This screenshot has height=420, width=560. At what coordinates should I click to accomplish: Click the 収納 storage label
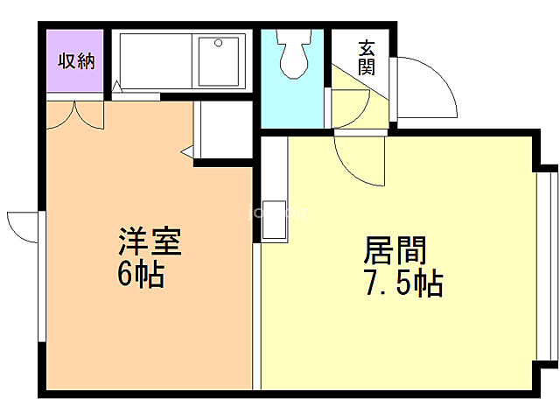click(75, 60)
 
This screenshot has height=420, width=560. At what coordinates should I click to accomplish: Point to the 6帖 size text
click(141, 275)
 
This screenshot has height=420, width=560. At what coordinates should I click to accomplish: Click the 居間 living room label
click(395, 251)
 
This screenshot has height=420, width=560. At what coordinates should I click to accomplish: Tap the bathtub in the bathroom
click(154, 59)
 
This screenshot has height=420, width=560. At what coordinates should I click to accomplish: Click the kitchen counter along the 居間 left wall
click(273, 188)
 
